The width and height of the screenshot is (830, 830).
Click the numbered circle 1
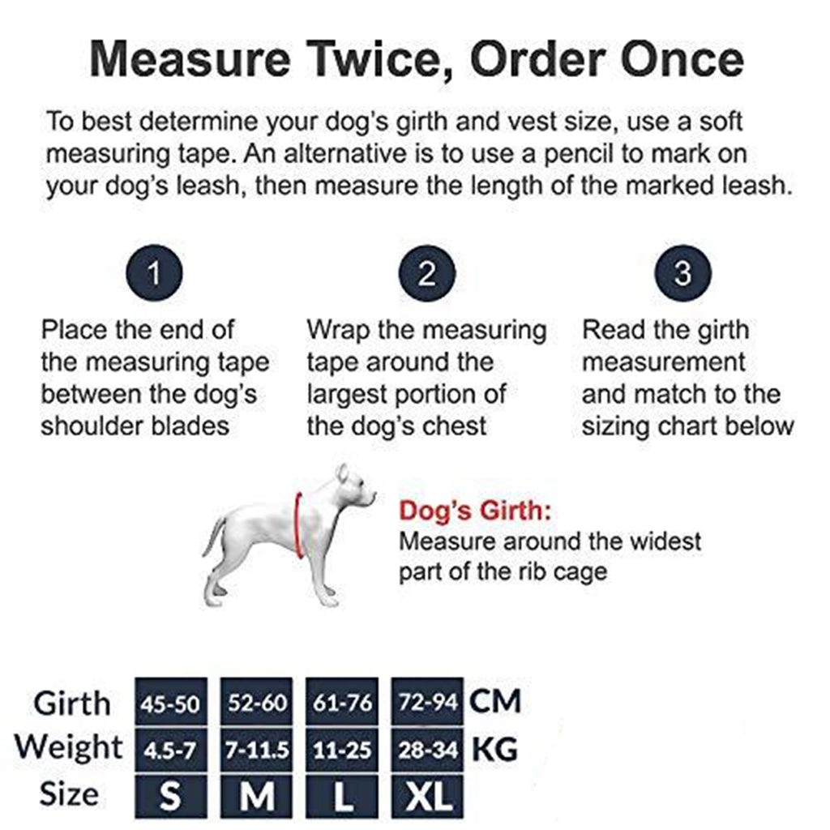(x=154, y=273)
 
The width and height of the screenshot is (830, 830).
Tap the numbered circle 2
(x=427, y=273)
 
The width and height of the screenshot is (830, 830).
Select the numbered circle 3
(x=682, y=273)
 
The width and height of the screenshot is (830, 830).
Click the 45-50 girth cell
(x=171, y=701)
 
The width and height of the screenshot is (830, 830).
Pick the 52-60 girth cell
(x=257, y=701)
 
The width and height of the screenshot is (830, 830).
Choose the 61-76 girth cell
(x=343, y=701)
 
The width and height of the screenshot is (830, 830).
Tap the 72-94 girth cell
(x=428, y=701)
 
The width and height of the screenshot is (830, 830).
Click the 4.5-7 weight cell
(x=171, y=750)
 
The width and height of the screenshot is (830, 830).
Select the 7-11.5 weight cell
(x=257, y=750)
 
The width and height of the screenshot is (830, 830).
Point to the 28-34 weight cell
(x=428, y=750)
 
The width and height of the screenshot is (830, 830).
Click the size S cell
(x=171, y=796)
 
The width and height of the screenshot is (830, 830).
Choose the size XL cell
(x=428, y=796)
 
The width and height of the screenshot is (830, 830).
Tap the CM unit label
(x=495, y=701)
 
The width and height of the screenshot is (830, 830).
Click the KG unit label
(x=494, y=750)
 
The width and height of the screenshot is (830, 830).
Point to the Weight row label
(x=69, y=747)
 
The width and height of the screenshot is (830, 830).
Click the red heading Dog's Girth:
(x=475, y=511)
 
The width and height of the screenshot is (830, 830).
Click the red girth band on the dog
(x=297, y=524)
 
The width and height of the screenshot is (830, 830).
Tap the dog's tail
(x=213, y=536)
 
